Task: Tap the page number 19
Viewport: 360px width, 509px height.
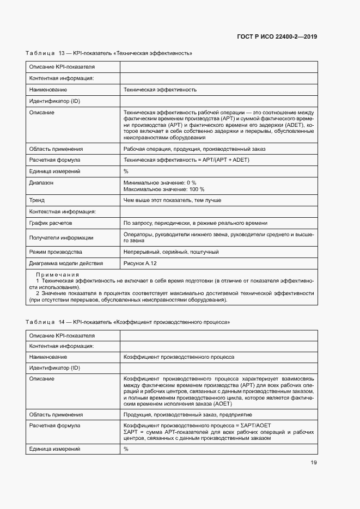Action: [314, 463]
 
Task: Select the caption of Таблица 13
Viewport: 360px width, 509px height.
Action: [109, 53]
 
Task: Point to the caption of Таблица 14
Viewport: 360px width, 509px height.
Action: [127, 322]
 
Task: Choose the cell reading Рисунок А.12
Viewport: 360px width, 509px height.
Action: [141, 263]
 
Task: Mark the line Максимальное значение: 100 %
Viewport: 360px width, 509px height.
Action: [164, 189]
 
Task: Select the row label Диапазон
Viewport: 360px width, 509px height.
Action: [41, 182]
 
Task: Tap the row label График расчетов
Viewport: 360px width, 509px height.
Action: [51, 223]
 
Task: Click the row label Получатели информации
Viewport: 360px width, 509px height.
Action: [61, 237]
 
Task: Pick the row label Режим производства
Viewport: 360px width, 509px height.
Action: [56, 252]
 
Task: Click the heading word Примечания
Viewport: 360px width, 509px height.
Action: [57, 274]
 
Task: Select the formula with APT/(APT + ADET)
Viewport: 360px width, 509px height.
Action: [187, 160]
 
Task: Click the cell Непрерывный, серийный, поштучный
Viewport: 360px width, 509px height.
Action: [171, 252]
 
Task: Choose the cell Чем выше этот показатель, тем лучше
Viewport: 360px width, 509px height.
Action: [172, 200]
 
